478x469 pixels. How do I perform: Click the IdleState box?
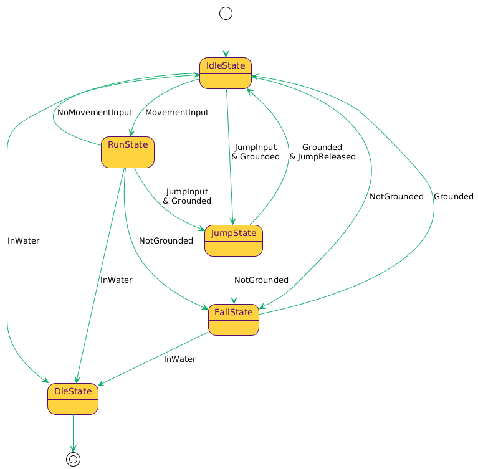click(x=225, y=73)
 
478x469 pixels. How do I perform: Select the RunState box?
click(x=128, y=152)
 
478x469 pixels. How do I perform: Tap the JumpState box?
click(x=233, y=240)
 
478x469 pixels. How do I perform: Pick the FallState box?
click(x=233, y=320)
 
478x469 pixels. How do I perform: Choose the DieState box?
click(x=73, y=399)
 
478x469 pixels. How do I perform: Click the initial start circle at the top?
click(x=226, y=13)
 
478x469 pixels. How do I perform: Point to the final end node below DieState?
click(x=73, y=459)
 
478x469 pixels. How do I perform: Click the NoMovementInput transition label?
click(x=95, y=113)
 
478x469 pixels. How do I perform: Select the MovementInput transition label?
click(x=177, y=113)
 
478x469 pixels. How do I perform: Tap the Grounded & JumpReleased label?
click(x=322, y=152)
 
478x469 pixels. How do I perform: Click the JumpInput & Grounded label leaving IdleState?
click(x=256, y=152)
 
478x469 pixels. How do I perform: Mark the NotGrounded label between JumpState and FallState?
click(x=261, y=280)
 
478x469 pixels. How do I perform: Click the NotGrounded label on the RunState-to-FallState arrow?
click(x=166, y=240)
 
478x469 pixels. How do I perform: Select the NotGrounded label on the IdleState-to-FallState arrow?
click(x=396, y=196)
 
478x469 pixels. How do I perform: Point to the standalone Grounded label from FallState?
click(x=453, y=196)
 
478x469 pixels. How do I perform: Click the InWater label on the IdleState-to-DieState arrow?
click(x=24, y=240)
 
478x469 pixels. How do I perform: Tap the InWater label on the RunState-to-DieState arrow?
click(x=116, y=280)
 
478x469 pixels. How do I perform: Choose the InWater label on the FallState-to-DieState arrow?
click(x=180, y=359)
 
